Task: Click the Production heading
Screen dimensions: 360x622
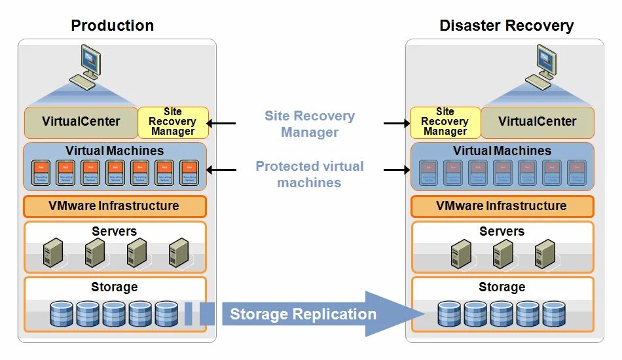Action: coord(112,26)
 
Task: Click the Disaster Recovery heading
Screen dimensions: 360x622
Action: coord(506,26)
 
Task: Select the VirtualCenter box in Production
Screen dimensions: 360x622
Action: coord(81,122)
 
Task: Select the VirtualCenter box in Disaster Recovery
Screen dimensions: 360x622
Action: coord(537,122)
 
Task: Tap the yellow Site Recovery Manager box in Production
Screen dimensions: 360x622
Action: coord(173,122)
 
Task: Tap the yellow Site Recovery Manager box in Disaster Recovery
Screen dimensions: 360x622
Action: coord(445,122)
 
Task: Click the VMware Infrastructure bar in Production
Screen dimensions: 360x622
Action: coord(114,206)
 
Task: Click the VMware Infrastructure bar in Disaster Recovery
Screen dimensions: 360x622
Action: coord(502,206)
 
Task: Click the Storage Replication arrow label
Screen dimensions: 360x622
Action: coord(302,314)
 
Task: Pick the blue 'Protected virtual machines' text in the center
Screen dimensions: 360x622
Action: coord(309,174)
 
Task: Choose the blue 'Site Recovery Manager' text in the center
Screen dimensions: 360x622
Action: coord(309,124)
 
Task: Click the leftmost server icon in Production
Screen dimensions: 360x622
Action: coord(52,253)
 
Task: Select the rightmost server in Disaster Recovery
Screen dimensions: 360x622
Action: coord(545,253)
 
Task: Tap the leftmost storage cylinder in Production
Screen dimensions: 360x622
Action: coord(62,314)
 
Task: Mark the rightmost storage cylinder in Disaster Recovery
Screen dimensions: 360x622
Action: coord(554,314)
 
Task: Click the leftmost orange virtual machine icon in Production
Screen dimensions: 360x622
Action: coord(42,173)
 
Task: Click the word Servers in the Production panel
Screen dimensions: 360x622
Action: coord(114,231)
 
